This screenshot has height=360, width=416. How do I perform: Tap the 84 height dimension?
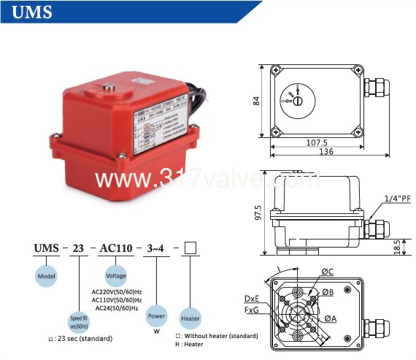click(257, 102)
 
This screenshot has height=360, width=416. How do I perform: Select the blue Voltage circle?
click(116, 276)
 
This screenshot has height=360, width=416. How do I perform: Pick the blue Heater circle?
click(190, 318)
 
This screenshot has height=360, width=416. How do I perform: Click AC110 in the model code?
click(115, 249)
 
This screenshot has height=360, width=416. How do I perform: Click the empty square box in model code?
click(190, 248)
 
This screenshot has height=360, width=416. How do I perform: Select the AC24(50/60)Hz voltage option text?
click(118, 307)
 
